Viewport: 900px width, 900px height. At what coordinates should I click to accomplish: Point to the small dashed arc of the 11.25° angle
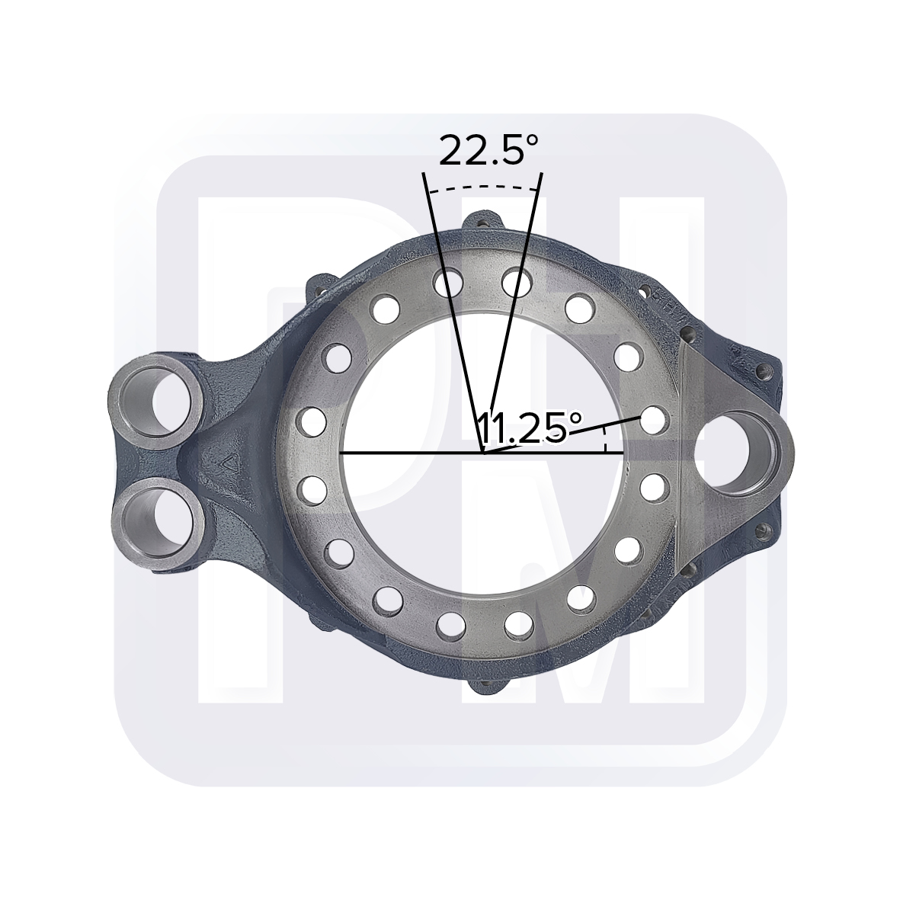point(605,440)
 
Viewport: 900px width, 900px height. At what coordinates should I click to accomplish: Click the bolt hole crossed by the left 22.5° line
point(448,283)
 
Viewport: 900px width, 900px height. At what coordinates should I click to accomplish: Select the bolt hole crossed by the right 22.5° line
point(517,283)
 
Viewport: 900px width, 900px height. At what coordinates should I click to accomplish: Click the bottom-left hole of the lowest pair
point(450,625)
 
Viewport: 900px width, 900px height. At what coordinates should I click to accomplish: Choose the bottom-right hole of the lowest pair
point(518,624)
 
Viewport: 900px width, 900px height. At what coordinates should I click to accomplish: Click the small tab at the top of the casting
point(482,221)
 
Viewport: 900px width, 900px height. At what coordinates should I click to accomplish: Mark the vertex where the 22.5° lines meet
point(481,451)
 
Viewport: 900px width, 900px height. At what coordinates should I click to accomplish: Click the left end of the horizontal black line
point(340,453)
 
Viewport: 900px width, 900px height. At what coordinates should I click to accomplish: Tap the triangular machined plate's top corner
point(684,344)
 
